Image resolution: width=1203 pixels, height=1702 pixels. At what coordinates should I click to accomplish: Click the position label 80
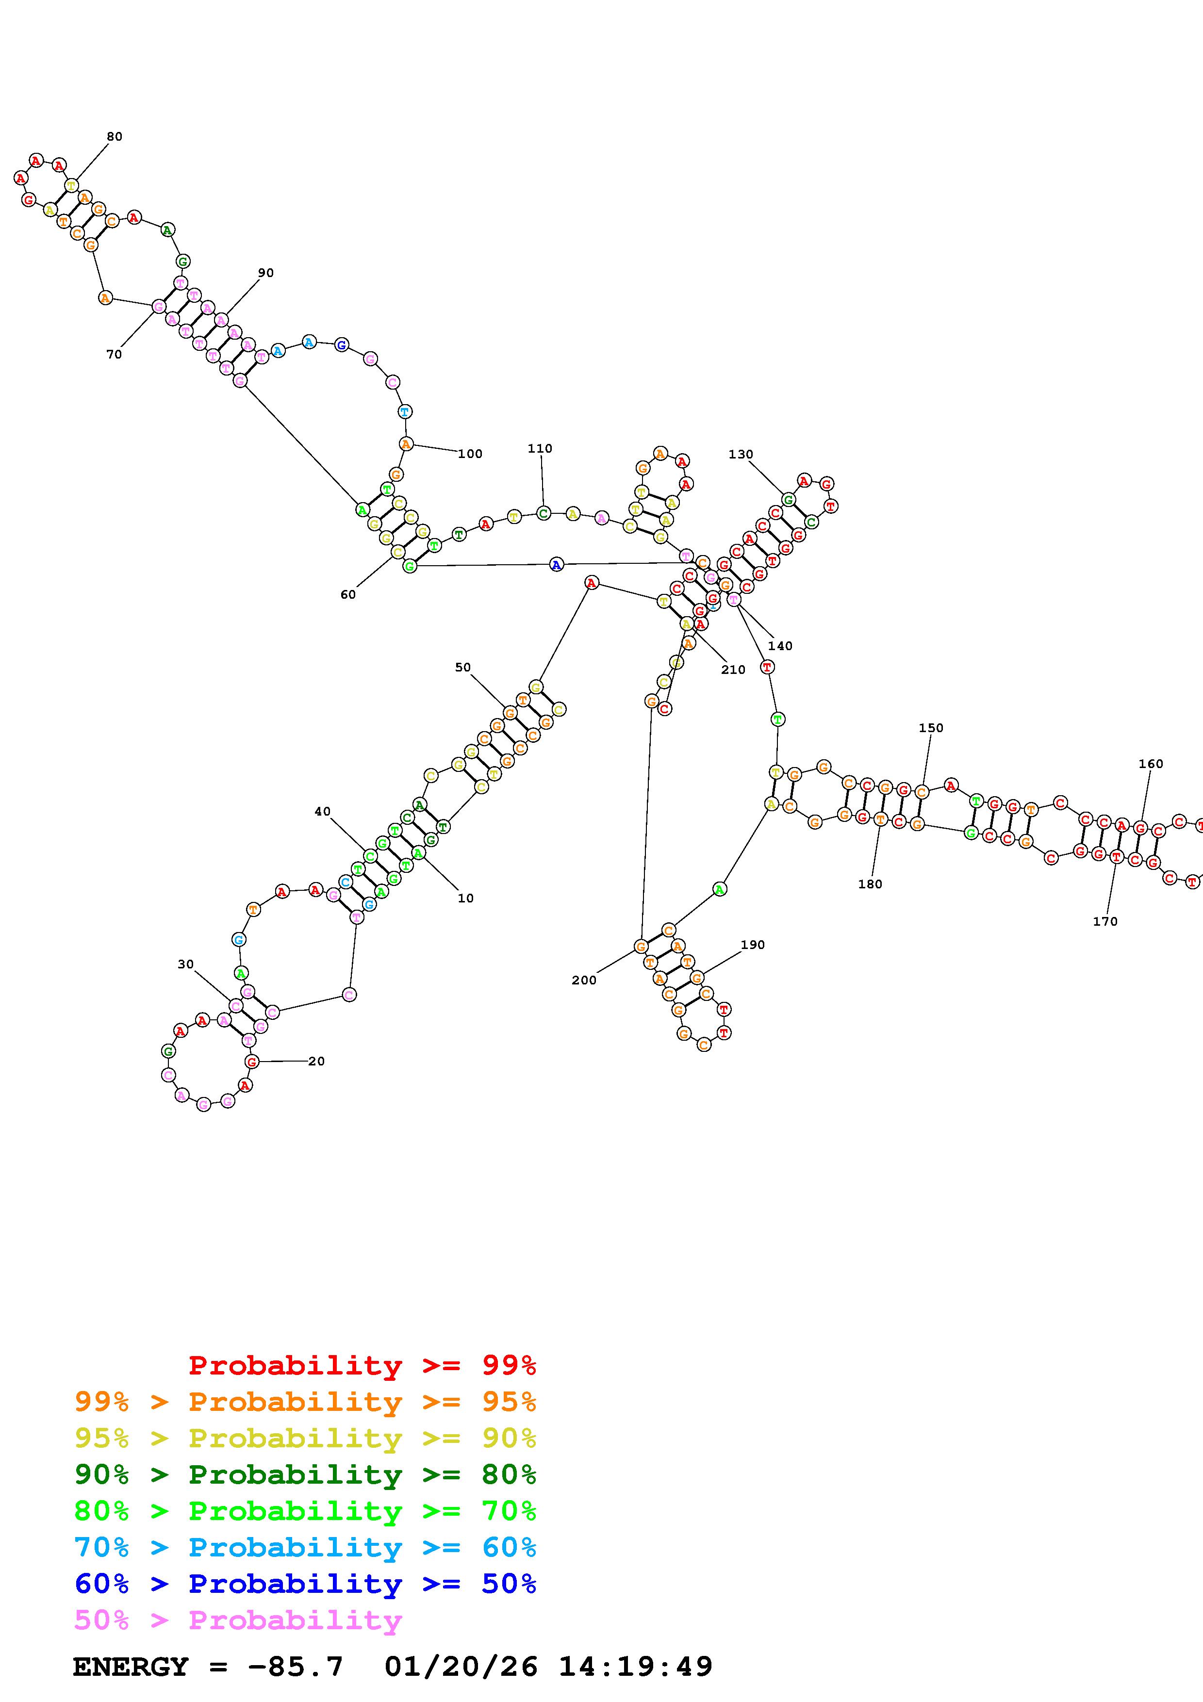[114, 136]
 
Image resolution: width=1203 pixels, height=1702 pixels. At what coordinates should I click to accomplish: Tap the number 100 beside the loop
[470, 454]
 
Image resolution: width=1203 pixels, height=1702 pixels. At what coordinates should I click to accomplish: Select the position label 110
[540, 448]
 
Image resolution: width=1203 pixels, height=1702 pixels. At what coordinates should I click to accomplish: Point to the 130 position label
[741, 455]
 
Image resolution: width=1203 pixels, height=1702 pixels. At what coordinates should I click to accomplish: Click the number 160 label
[1151, 764]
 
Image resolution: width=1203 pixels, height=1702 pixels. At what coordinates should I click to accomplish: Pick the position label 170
[1104, 921]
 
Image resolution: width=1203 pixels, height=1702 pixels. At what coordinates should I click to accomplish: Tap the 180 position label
[870, 884]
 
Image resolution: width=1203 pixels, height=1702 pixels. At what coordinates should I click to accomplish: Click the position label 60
[347, 594]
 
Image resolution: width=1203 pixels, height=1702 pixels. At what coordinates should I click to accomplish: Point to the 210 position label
[733, 670]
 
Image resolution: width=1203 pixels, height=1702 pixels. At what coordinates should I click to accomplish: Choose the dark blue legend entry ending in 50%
[305, 1584]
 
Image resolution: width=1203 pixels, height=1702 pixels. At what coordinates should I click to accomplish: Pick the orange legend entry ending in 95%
[305, 1402]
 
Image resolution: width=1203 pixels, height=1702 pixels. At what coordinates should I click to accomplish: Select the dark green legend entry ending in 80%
[305, 1474]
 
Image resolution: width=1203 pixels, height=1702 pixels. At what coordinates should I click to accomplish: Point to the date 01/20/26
[461, 1667]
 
